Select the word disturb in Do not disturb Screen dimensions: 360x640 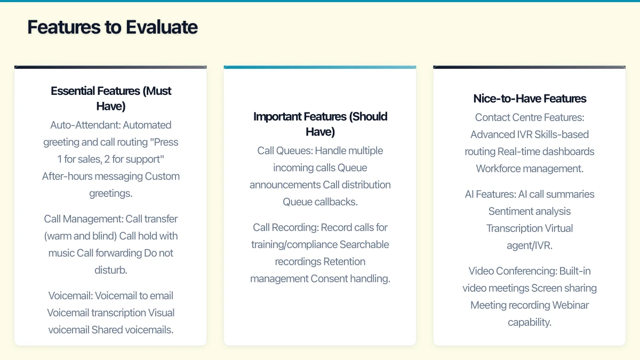pos(110,270)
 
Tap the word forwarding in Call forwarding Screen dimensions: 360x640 pos(119,253)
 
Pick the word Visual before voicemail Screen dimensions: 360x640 pos(161,313)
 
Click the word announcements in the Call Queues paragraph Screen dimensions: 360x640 pos(285,185)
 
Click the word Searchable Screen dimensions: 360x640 pos(364,245)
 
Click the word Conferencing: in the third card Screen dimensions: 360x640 pos(526,271)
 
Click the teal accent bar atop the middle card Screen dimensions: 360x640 pos(320,67)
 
